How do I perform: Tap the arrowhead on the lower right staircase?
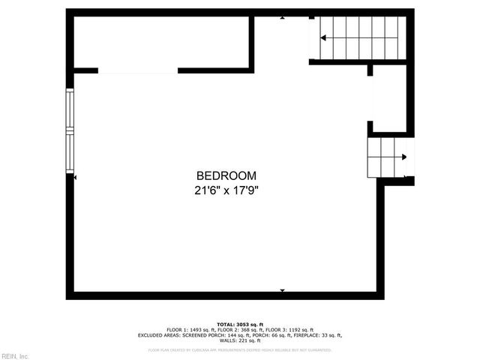(x=403, y=157)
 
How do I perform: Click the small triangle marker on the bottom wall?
(x=282, y=290)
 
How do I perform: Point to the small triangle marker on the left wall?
(x=76, y=177)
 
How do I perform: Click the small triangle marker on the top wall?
(x=282, y=17)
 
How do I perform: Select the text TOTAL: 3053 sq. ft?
(x=240, y=323)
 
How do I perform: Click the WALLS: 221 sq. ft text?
(x=240, y=341)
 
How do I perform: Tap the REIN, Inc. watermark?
(x=15, y=355)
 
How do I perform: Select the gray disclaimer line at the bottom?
(x=240, y=349)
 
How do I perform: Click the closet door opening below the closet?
(x=138, y=71)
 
